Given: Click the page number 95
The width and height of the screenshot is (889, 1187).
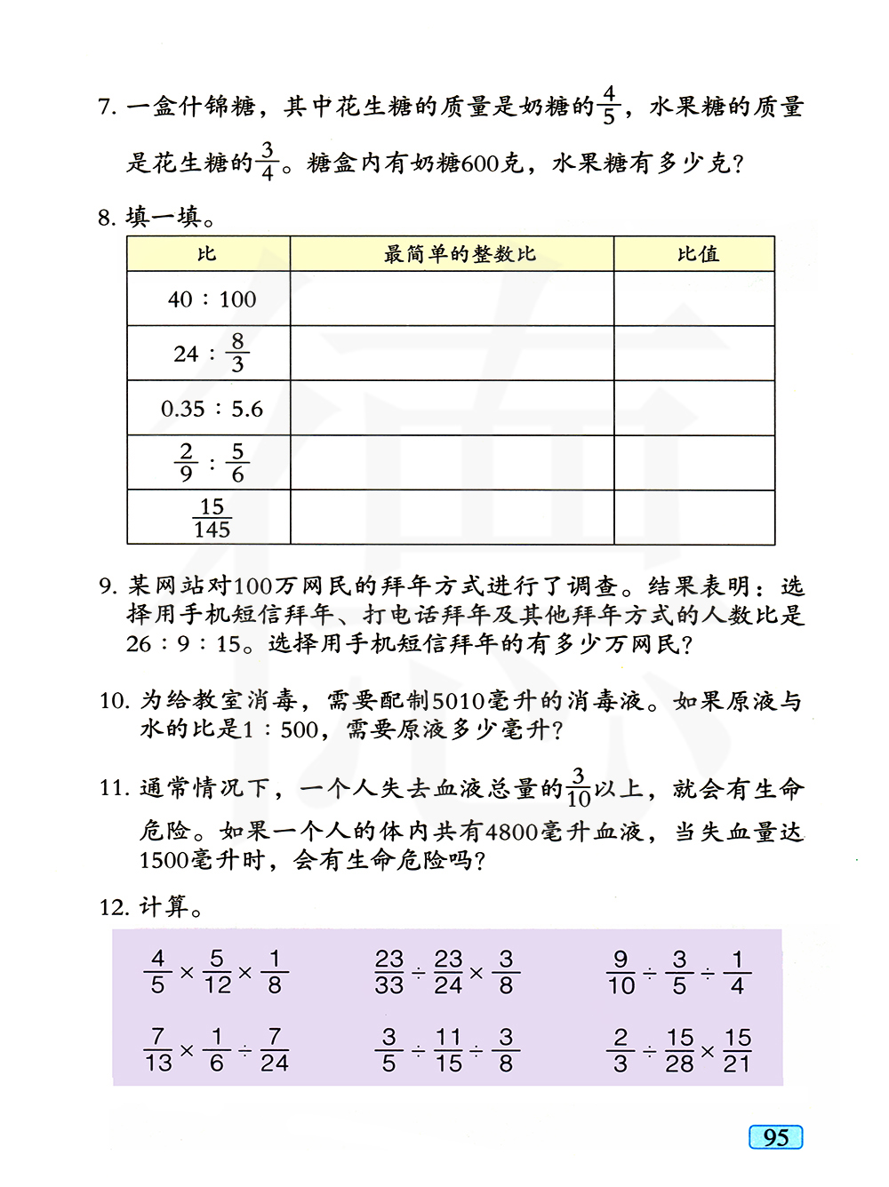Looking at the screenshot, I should (x=775, y=1137).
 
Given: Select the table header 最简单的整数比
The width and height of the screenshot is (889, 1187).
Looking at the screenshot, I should (x=460, y=254).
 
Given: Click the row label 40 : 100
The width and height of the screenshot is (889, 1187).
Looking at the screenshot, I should (x=212, y=299).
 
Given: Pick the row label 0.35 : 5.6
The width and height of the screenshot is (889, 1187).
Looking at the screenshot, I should (x=212, y=409).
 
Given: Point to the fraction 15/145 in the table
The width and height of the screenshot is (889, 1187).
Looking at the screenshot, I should (x=212, y=518).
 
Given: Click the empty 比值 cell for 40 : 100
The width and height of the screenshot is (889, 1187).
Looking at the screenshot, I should (x=693, y=299).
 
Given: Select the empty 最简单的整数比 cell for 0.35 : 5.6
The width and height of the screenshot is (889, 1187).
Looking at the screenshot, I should (x=452, y=409).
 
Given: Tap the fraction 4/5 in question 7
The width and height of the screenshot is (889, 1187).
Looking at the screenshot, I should (x=609, y=105).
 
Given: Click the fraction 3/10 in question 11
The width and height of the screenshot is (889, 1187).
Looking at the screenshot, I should (x=578, y=787).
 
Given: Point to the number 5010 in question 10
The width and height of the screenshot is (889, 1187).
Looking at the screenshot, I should (x=458, y=701).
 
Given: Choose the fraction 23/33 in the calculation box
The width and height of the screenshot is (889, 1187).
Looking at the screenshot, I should (x=388, y=972).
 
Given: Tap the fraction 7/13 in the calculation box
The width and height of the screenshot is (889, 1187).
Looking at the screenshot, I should (x=157, y=1049).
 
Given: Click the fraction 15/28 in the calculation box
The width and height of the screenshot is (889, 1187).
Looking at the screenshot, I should (x=679, y=1050).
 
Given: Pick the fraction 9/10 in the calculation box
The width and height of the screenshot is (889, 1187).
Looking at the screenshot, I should (x=621, y=972).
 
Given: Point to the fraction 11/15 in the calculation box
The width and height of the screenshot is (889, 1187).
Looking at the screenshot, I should (x=448, y=1050).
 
